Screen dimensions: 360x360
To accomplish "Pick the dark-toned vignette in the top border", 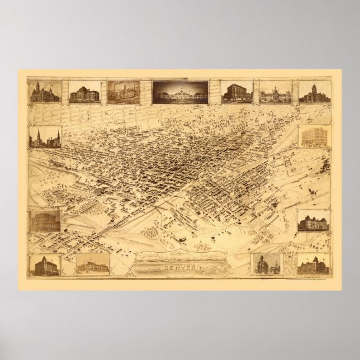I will coord(179,91).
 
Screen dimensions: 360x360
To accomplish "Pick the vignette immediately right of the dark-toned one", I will coord(237,92).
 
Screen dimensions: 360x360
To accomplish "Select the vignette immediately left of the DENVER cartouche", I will coord(89,263).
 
